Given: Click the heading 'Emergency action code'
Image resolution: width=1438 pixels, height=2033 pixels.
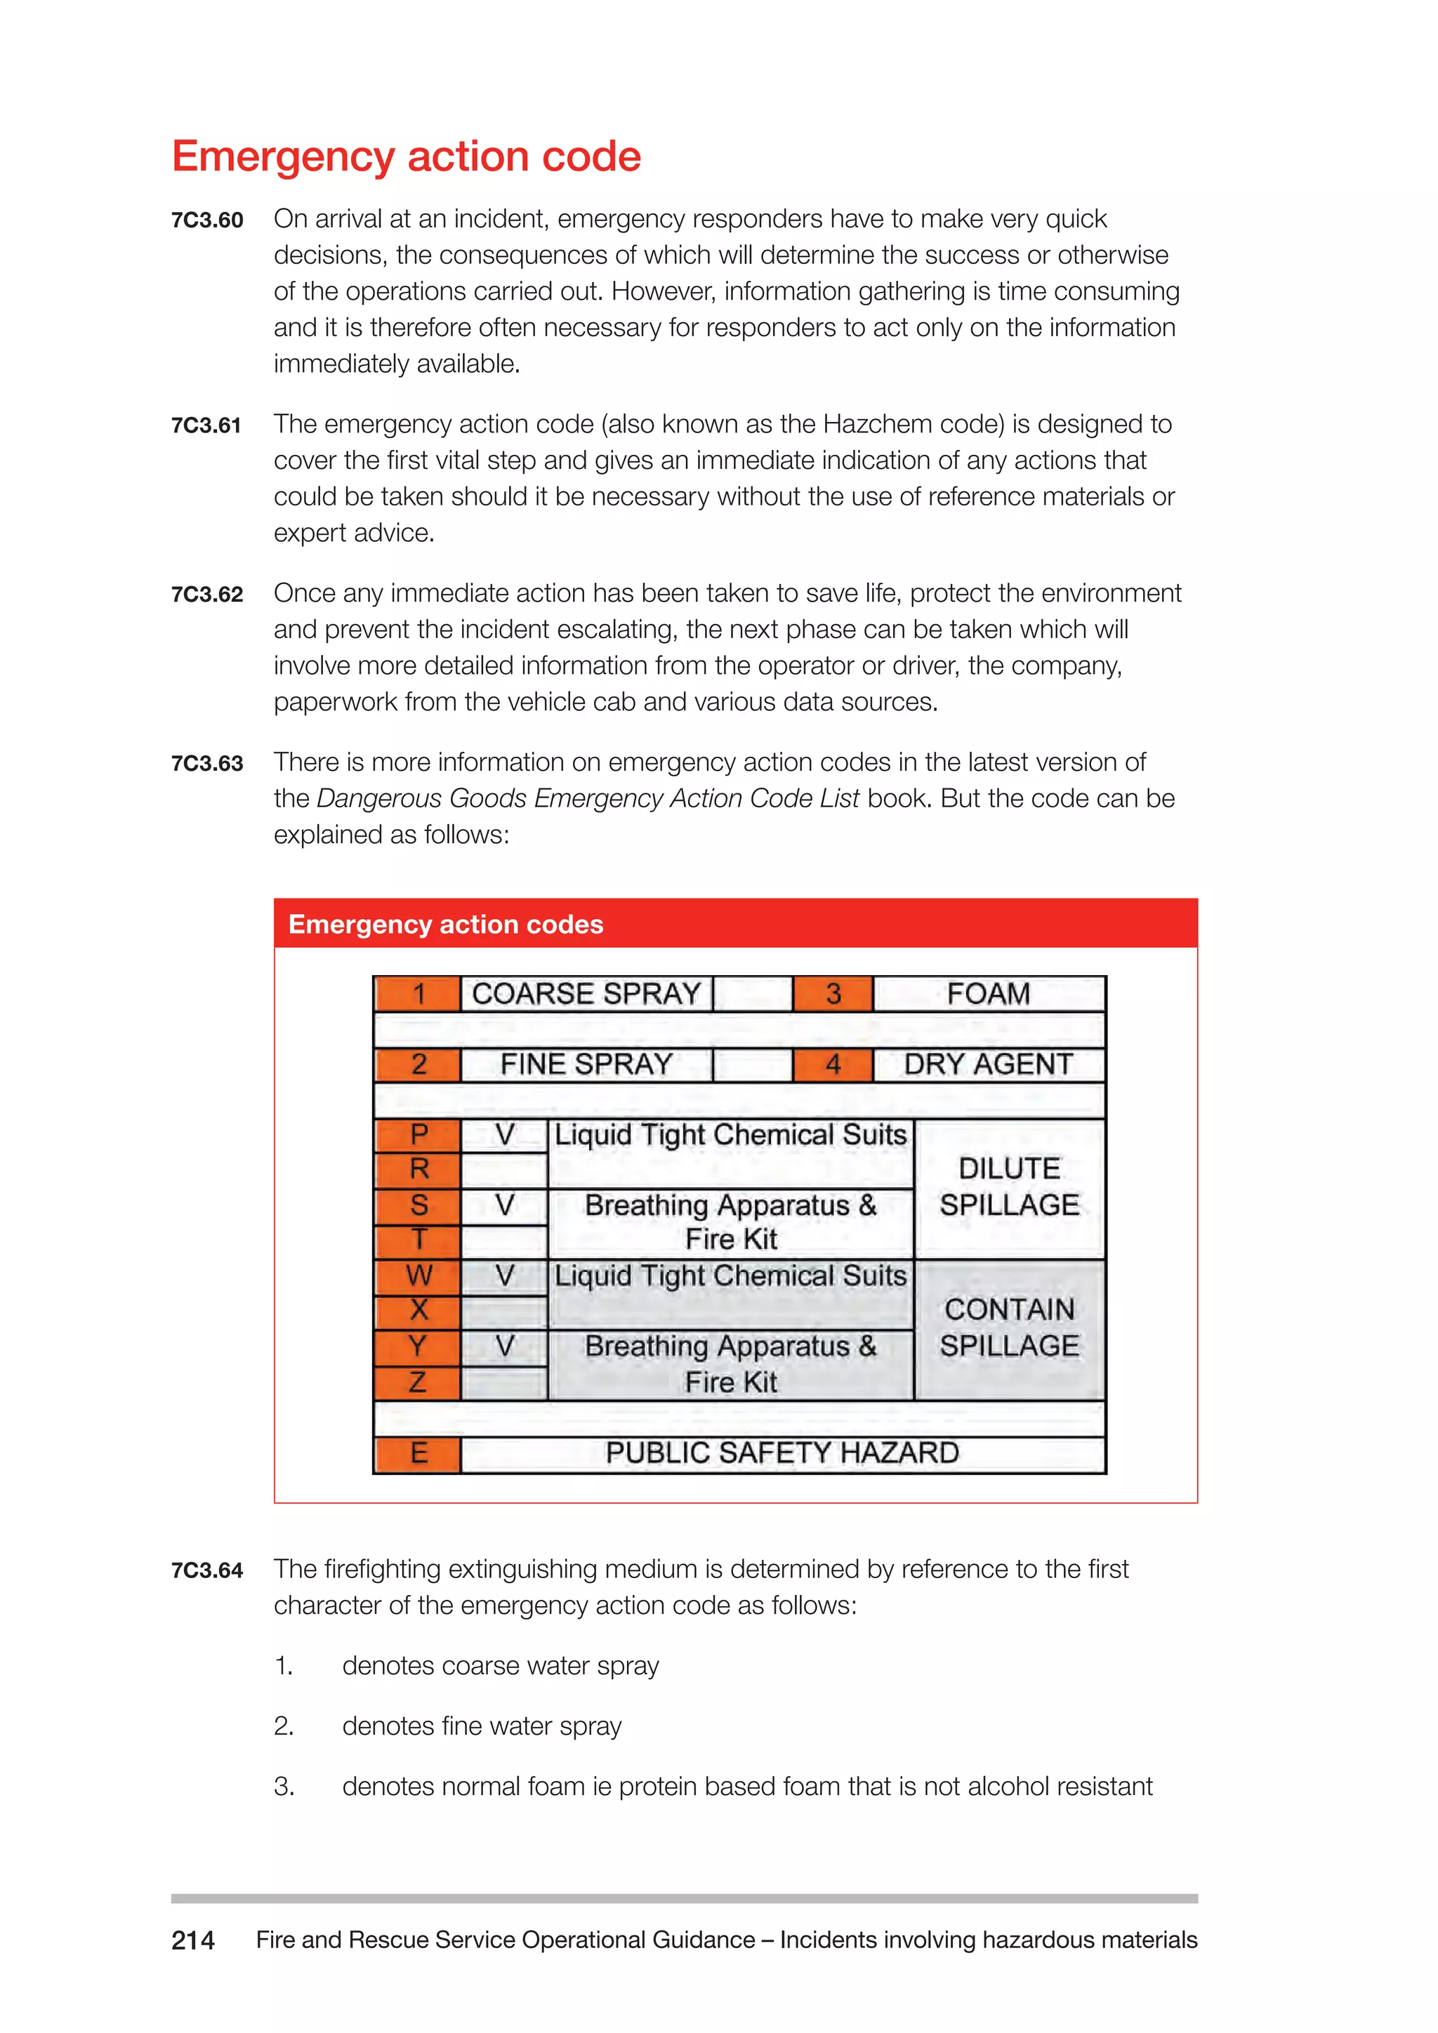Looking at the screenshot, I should click(406, 157).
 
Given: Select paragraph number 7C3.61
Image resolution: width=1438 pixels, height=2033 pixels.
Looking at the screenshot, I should click(206, 426).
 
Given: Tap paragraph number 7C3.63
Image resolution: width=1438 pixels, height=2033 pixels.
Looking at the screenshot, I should click(206, 763).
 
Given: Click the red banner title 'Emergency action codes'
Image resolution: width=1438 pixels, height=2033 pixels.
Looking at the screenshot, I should click(445, 925).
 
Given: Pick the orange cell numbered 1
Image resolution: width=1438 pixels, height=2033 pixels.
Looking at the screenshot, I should click(418, 994).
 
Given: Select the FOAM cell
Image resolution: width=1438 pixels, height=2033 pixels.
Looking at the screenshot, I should click(988, 994).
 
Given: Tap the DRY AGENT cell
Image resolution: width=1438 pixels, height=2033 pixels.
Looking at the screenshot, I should click(988, 1064).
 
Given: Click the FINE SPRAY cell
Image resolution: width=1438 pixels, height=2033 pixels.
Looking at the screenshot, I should click(586, 1064).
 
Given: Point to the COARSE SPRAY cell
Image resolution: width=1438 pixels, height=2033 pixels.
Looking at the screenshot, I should click(586, 994).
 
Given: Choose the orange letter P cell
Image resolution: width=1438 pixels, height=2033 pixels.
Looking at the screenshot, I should click(418, 1134).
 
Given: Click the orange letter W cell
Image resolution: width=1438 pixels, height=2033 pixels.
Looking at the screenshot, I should click(418, 1276).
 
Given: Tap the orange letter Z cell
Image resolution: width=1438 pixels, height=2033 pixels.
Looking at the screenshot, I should click(418, 1382).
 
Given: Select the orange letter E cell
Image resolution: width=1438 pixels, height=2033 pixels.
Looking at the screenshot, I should click(418, 1453).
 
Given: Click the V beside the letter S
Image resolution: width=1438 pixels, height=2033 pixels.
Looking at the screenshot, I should click(505, 1205).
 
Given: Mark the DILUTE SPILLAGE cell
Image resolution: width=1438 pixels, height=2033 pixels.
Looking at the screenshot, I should click(1010, 1187).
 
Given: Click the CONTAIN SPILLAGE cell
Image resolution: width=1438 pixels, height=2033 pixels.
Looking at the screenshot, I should click(1010, 1328).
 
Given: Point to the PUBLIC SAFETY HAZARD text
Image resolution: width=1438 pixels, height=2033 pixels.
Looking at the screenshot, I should click(782, 1453).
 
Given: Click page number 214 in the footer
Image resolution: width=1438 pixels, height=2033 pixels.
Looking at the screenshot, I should click(193, 1940).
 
